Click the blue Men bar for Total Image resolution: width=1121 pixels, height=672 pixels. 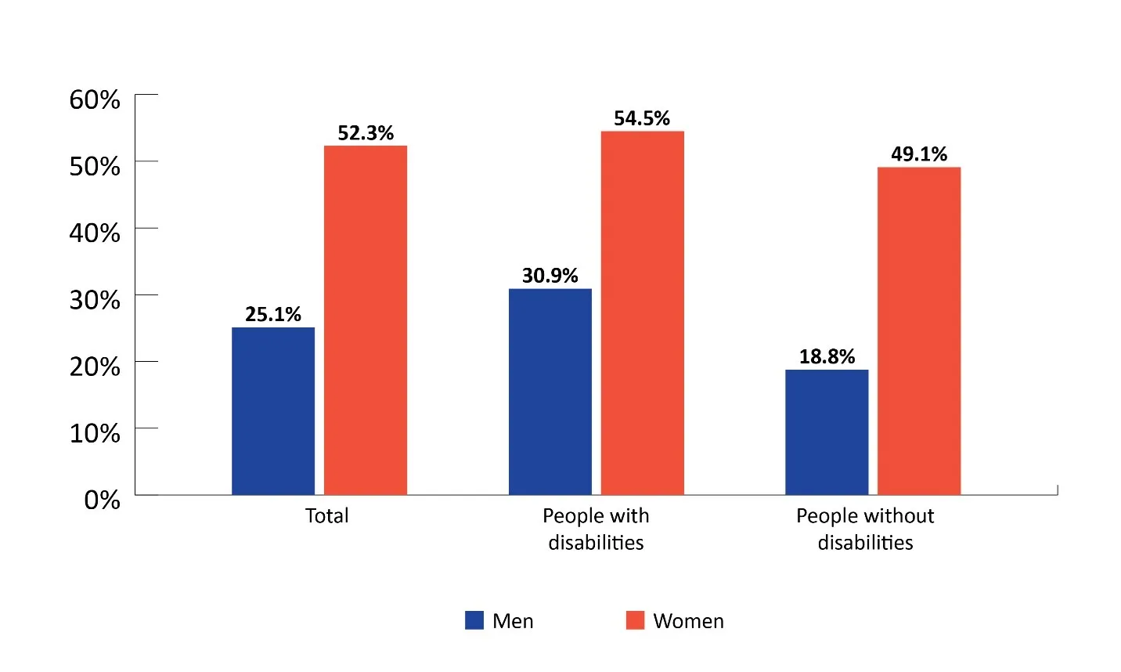pos(273,411)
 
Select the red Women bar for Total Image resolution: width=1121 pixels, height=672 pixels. pos(366,320)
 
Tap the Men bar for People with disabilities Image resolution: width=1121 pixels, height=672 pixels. pos(550,392)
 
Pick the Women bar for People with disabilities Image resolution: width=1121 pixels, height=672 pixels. pos(642,313)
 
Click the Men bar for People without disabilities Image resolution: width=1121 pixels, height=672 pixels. pos(827,432)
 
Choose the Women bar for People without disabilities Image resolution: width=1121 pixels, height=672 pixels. pos(919,331)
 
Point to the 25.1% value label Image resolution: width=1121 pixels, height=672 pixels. pos(273,315)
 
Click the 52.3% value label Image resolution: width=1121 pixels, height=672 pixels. pos(366,133)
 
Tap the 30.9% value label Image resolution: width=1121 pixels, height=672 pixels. pos(550,276)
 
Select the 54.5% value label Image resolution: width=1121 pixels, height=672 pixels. pos(642,118)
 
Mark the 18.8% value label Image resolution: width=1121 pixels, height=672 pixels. pos(827,357)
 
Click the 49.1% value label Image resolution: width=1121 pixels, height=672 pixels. pos(919,154)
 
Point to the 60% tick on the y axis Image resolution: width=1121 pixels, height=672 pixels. pos(95,99)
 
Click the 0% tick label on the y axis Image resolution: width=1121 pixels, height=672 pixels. pos(102,500)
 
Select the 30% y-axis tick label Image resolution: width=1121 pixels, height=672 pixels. pos(95,300)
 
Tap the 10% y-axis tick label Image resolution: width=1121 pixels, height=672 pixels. pos(95,433)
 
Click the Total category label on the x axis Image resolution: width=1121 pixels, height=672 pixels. pos(327,516)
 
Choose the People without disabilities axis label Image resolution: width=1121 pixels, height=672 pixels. pos(865,529)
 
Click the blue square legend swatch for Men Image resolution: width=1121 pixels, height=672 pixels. pos(474,620)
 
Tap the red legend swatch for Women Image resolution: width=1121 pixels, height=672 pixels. pos(635,620)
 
